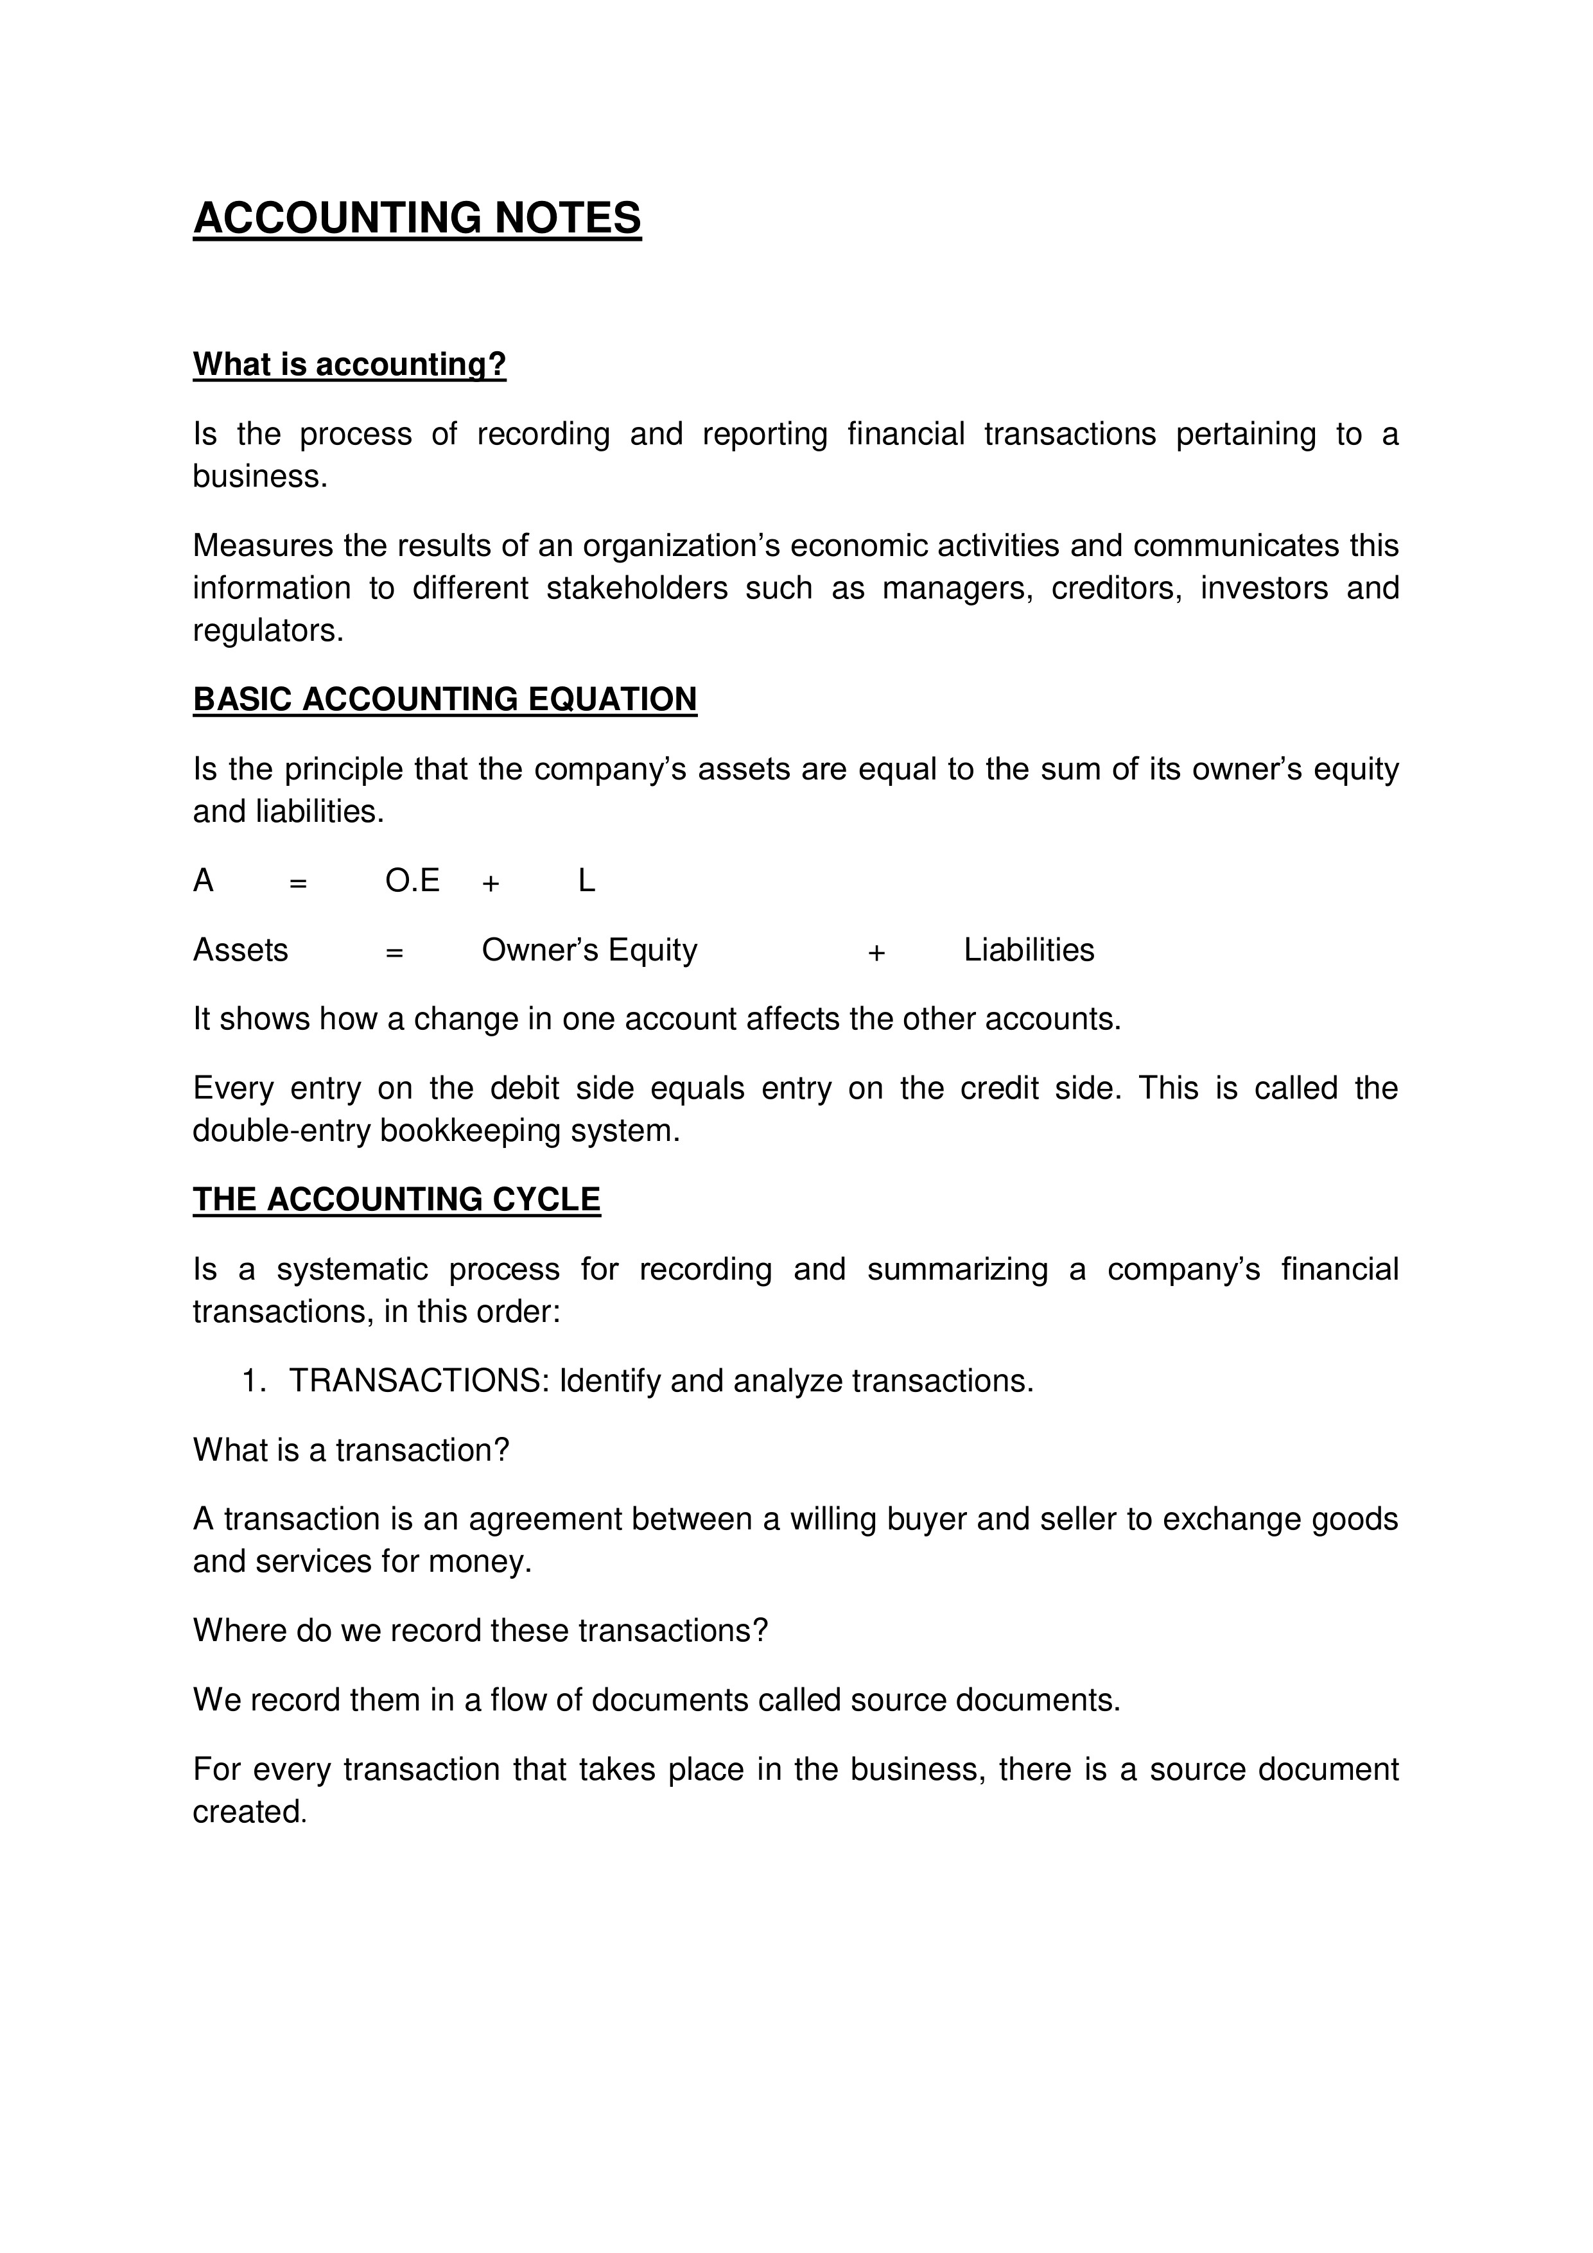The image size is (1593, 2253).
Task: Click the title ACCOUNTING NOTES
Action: point(417,218)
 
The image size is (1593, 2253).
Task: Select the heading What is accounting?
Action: point(349,364)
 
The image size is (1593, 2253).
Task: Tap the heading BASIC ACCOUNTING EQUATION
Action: point(444,699)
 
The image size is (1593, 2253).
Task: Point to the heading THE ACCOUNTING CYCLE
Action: point(397,1199)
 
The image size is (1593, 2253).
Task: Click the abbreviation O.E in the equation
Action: point(412,881)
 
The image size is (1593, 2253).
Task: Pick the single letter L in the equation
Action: point(586,881)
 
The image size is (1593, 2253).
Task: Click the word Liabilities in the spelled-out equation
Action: point(1029,950)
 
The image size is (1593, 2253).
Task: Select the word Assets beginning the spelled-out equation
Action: point(241,950)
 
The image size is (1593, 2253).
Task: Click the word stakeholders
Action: point(637,587)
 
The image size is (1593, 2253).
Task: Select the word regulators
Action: point(267,631)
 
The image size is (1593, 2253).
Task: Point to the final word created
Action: point(249,1811)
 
